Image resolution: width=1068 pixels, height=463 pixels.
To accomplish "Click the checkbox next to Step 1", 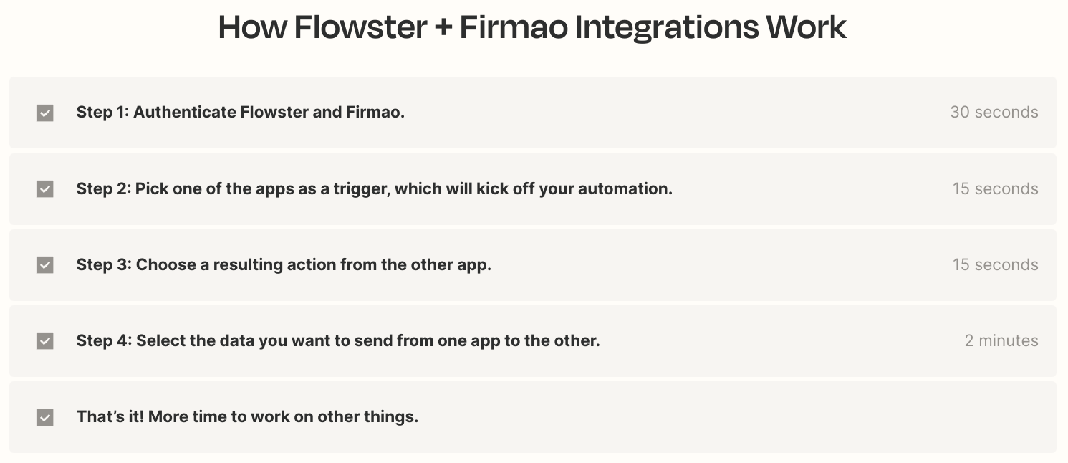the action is [45, 113].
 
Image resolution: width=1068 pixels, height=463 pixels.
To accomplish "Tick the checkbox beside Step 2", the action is [45, 188].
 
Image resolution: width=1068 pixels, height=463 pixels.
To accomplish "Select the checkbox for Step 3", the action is [45, 265].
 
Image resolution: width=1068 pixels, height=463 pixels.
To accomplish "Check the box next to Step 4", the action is [45, 341].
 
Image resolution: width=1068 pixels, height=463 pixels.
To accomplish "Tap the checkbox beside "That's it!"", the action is [45, 417].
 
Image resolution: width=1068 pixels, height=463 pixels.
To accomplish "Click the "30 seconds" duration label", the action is [994, 112].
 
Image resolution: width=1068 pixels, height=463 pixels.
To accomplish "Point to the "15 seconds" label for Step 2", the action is [996, 188].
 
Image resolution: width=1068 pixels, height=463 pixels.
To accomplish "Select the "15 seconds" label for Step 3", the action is [996, 264].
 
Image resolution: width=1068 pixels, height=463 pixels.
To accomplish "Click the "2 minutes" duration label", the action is [1001, 340].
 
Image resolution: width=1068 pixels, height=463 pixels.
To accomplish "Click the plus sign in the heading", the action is [443, 27].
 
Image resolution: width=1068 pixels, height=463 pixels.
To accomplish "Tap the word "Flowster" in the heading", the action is [360, 27].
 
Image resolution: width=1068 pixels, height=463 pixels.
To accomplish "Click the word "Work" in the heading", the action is [807, 27].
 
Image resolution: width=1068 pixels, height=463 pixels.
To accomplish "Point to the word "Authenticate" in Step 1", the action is [185, 112].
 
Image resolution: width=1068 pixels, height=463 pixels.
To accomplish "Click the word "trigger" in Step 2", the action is [362, 189].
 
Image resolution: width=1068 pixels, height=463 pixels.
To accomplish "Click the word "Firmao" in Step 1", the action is [375, 112].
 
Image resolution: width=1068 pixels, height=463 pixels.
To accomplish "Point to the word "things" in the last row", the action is [391, 417].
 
